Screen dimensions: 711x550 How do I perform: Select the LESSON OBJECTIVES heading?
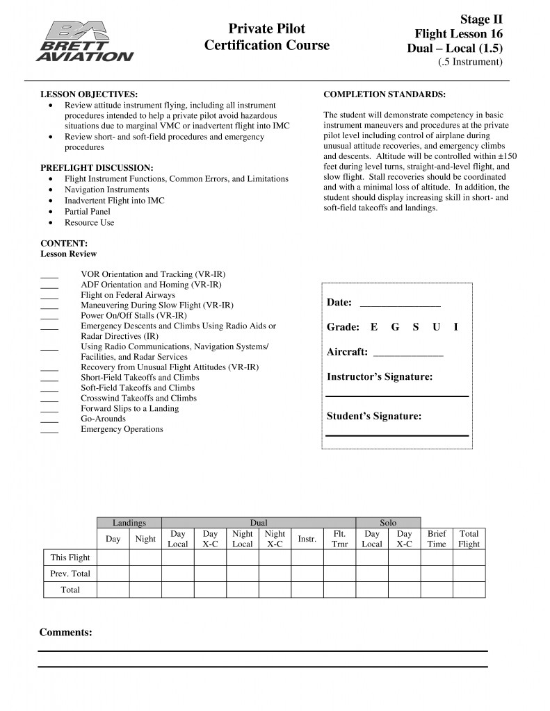[89, 94]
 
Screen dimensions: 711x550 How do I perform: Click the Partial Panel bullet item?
[88, 212]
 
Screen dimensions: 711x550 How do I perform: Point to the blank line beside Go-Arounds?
[49, 419]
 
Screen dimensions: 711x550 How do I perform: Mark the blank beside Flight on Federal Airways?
[49, 295]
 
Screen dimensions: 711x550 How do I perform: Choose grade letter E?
[374, 327]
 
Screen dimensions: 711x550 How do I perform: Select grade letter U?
[436, 327]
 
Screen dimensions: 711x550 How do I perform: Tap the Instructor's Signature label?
[380, 377]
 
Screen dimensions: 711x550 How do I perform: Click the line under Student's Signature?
[397, 435]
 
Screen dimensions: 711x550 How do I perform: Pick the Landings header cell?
[129, 522]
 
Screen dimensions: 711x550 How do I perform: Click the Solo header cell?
[388, 522]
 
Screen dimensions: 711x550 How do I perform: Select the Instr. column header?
[307, 539]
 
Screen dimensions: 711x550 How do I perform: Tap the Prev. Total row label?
[70, 574]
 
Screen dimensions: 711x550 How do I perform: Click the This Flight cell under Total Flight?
[469, 558]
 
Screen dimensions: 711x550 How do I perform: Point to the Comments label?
[65, 633]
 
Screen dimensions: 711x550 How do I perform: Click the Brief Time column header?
[437, 539]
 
